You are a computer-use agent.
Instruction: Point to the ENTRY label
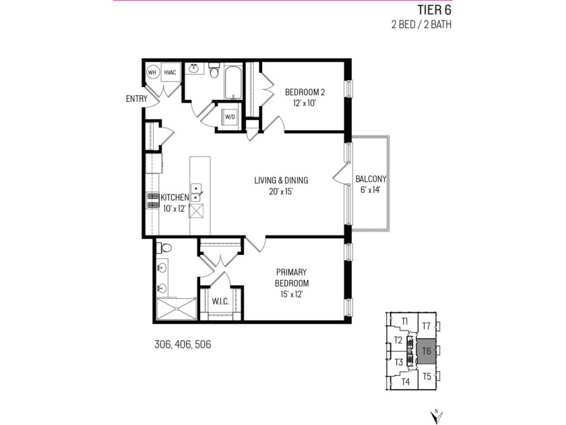click(136, 99)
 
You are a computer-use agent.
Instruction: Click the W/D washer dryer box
click(230, 117)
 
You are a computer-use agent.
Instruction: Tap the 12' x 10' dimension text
click(305, 103)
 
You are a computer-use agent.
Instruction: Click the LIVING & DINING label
click(281, 180)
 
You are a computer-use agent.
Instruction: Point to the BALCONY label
click(371, 179)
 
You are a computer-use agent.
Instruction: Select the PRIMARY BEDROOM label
click(292, 277)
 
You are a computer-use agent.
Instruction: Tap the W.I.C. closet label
click(220, 301)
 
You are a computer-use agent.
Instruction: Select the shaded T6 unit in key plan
click(426, 351)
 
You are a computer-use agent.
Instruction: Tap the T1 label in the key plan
click(405, 321)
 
